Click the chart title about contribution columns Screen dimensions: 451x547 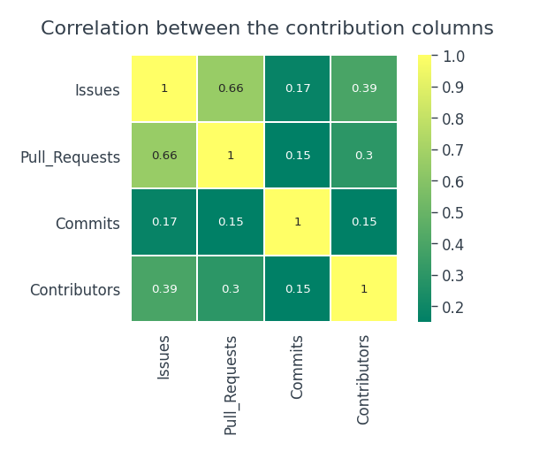[x=267, y=28]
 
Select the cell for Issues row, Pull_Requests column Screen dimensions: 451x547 [x=231, y=88]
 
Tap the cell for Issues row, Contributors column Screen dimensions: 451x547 [x=363, y=88]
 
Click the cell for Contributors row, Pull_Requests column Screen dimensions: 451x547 [x=231, y=288]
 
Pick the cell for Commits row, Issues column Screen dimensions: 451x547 [x=164, y=222]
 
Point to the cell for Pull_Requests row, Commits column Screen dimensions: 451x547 [x=297, y=155]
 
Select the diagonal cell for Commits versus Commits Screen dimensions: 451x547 [x=297, y=222]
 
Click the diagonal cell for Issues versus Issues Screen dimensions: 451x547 [x=164, y=88]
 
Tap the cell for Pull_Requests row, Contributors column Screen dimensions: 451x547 [x=363, y=155]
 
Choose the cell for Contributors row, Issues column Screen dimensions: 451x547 [x=164, y=288]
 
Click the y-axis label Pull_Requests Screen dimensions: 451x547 [x=70, y=157]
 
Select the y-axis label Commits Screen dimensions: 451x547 [x=87, y=224]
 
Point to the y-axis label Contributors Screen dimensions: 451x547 [x=75, y=290]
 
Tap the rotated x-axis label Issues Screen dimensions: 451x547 [x=164, y=356]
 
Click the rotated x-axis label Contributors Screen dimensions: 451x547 [x=364, y=378]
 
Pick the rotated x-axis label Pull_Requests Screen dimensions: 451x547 [x=232, y=385]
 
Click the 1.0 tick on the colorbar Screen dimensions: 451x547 [x=452, y=56]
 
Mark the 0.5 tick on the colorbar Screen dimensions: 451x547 [x=452, y=212]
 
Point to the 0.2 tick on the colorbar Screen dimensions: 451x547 [x=452, y=307]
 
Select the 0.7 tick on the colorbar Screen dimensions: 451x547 [x=452, y=150]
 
